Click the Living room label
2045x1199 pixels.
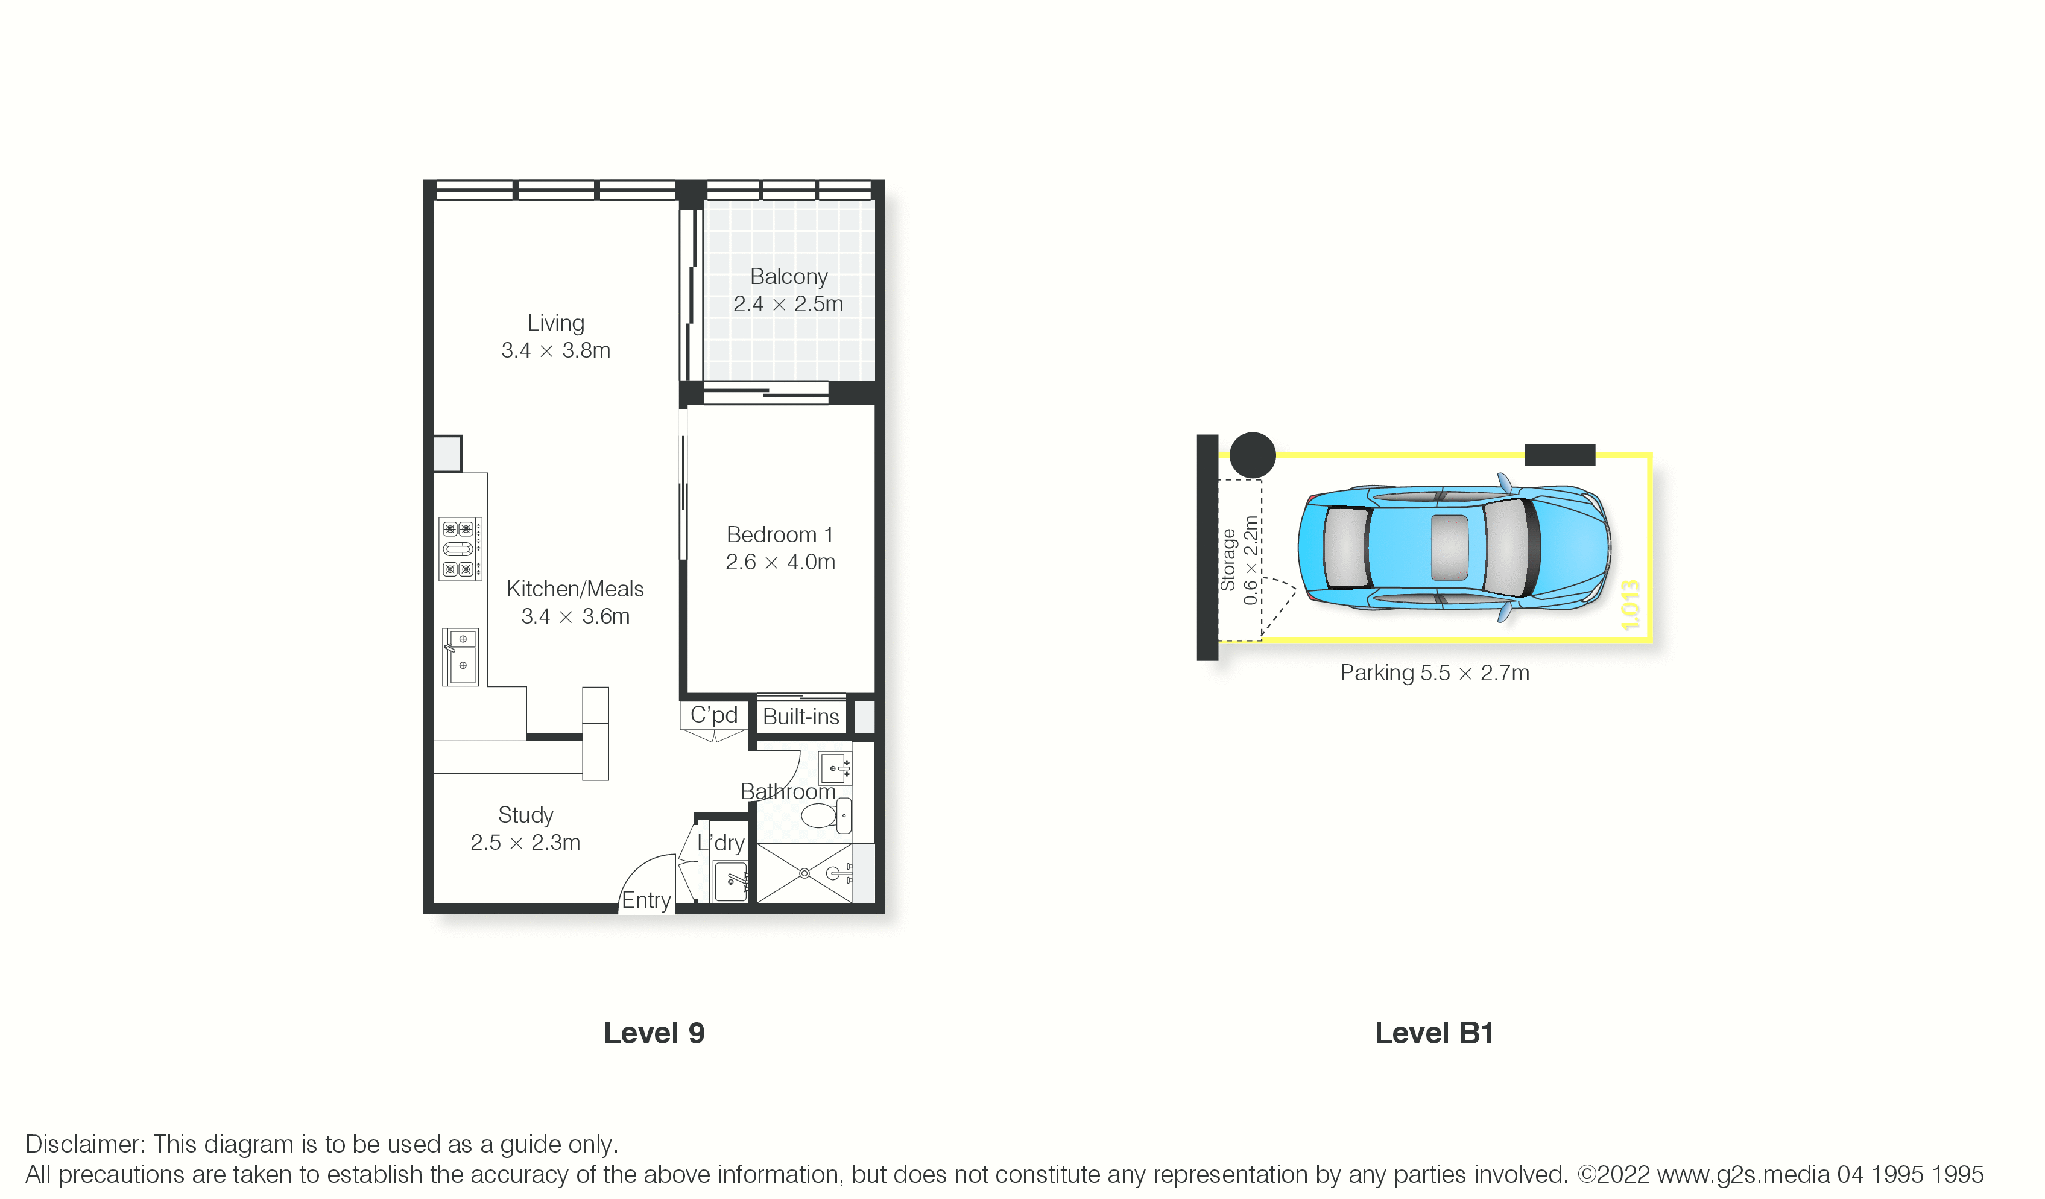(556, 323)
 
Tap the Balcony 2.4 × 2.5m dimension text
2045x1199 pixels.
(788, 303)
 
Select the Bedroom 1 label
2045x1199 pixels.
(780, 534)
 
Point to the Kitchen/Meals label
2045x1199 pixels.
(575, 589)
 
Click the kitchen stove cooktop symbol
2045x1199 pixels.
(461, 549)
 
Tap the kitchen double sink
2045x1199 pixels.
(460, 657)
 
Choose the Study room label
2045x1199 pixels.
(526, 815)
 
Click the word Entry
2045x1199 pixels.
(646, 900)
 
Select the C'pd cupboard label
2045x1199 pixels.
(714, 715)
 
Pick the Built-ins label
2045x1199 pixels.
(801, 717)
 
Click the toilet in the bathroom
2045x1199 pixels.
(826, 814)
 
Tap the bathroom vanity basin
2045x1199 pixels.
(835, 768)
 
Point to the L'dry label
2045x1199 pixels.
(721, 843)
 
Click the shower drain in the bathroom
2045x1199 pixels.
(804, 873)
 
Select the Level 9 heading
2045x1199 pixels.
(654, 1033)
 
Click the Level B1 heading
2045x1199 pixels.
(1435, 1033)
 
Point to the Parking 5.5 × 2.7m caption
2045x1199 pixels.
(1435, 673)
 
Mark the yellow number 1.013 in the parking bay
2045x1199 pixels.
(1630, 605)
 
